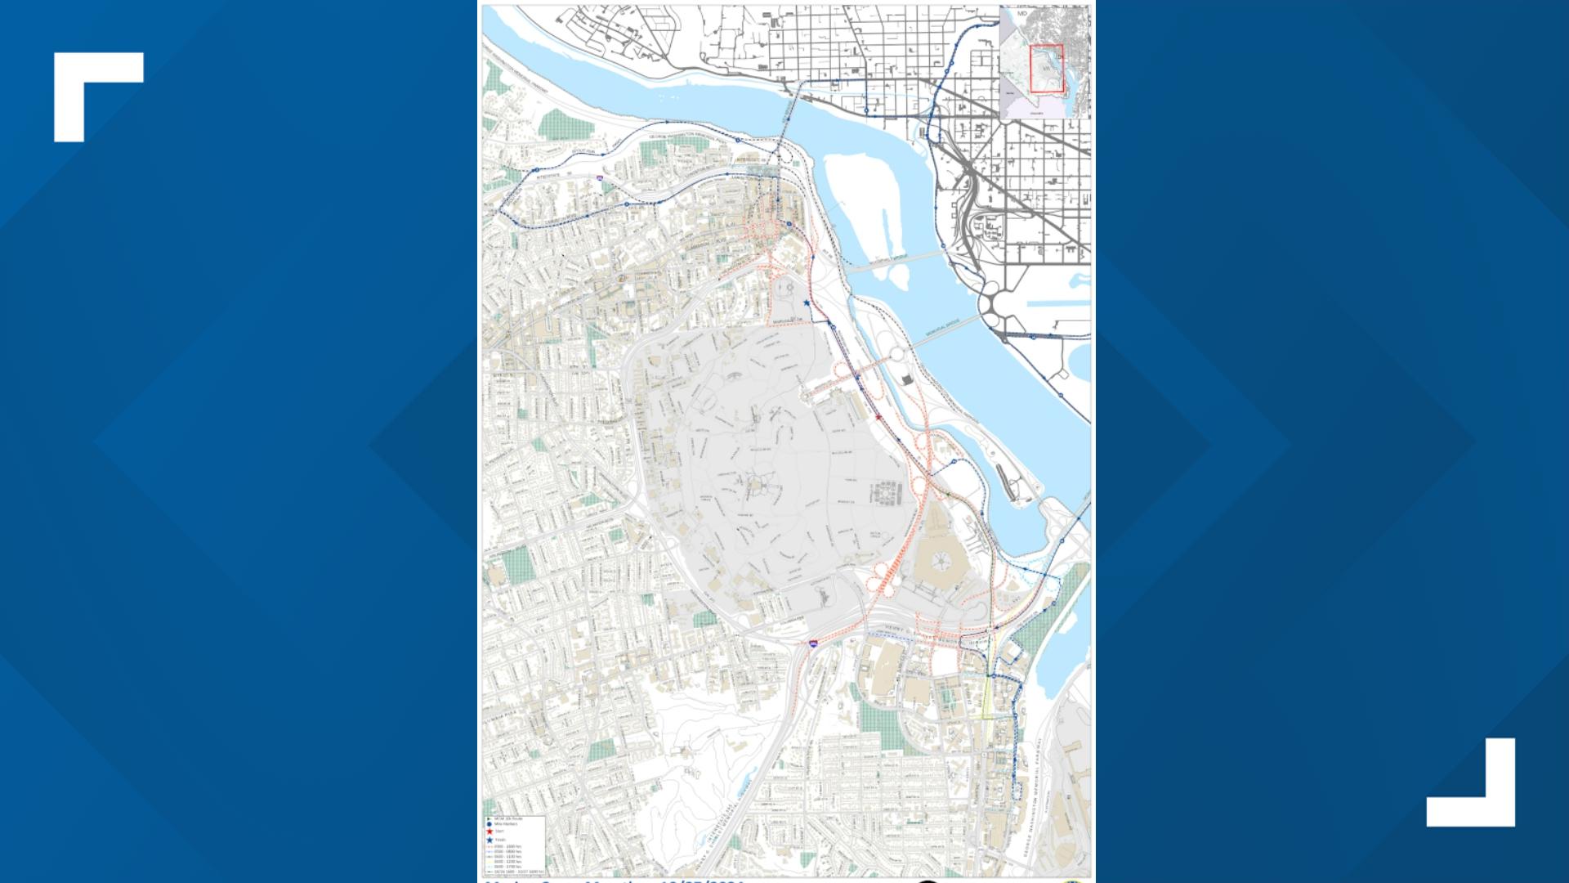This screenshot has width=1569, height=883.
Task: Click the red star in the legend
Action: (x=489, y=831)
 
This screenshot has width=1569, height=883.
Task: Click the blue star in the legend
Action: (x=489, y=840)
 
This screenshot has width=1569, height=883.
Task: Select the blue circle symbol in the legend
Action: (x=489, y=824)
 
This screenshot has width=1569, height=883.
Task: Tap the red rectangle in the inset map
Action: (x=1045, y=69)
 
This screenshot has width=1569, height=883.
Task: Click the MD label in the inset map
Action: (x=1022, y=14)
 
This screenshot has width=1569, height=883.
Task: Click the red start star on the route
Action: (x=878, y=417)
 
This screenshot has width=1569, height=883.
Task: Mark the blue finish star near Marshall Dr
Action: (x=807, y=303)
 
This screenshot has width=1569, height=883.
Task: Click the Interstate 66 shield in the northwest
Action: (x=600, y=177)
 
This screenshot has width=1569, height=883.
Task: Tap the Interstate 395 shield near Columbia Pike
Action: (x=813, y=644)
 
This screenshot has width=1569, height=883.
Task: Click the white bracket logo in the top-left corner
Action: (x=98, y=96)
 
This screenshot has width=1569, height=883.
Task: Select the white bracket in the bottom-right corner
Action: (x=1471, y=782)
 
